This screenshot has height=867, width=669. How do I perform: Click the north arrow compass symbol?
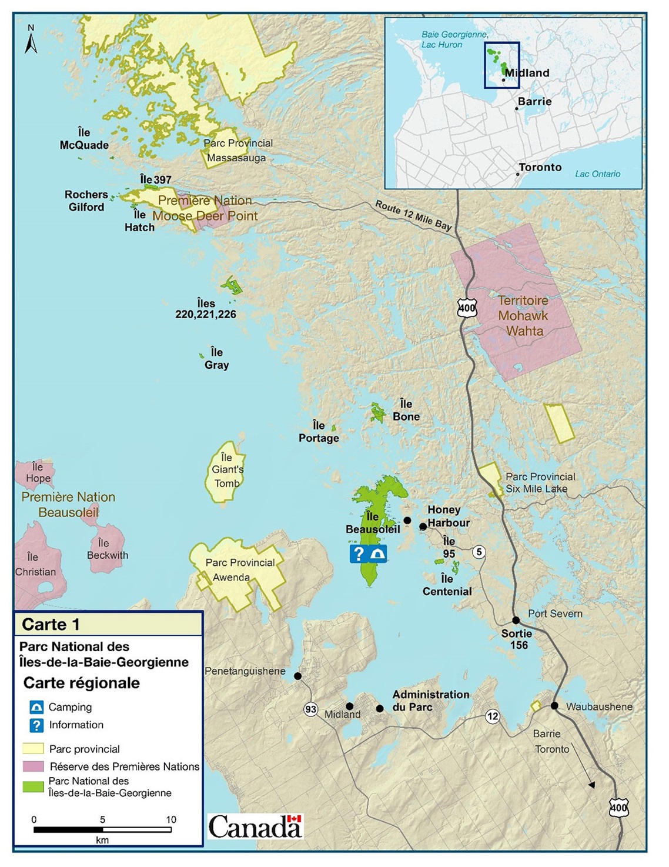click(31, 40)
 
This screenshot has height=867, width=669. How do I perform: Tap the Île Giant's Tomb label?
click(228, 470)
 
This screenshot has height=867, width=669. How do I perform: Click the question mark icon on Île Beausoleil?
click(359, 553)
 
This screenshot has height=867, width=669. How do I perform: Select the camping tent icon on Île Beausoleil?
click(378, 553)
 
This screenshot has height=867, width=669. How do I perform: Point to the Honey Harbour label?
click(448, 516)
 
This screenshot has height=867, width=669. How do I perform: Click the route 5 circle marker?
click(479, 552)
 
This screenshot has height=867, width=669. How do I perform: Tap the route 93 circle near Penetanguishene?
click(311, 709)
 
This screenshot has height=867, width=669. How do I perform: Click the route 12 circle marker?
click(493, 716)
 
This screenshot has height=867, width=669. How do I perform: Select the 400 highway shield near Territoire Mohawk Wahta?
click(467, 307)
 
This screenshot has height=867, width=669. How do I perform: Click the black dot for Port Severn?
click(516, 620)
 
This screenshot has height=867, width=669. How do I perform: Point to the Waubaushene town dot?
click(554, 705)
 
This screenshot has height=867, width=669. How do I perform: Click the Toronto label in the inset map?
click(540, 167)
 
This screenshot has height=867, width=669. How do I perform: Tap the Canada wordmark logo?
click(255, 826)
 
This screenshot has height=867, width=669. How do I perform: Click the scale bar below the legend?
click(102, 830)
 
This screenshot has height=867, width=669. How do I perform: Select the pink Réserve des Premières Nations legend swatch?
click(33, 766)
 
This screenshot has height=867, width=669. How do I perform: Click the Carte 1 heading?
click(51, 624)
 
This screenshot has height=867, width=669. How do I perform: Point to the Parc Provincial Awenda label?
click(240, 570)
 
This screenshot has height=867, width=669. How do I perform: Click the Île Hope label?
click(38, 473)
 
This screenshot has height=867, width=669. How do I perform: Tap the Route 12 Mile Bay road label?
click(413, 215)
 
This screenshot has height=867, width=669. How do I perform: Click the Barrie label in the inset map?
click(534, 101)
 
